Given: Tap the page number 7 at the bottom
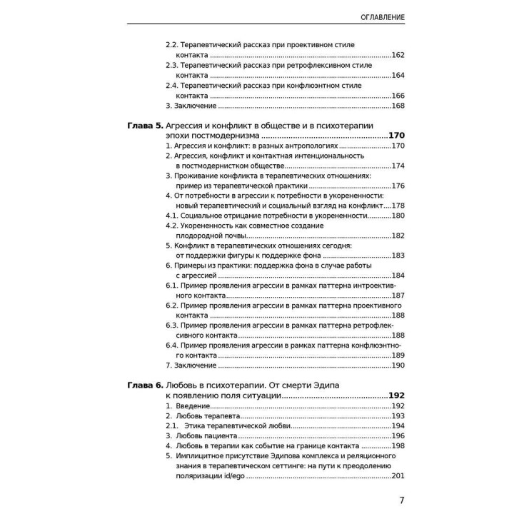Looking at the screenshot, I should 402,500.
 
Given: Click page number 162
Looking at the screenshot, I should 398,55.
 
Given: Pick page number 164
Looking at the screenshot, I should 398,75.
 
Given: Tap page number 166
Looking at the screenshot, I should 398,96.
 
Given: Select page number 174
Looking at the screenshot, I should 398,166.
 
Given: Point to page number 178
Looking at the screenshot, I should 398,206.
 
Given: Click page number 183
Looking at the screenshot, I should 398,256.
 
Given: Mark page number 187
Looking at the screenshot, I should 398,296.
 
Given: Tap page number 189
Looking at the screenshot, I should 398,356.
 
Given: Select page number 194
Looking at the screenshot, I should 398,426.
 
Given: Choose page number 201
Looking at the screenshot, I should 398,476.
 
